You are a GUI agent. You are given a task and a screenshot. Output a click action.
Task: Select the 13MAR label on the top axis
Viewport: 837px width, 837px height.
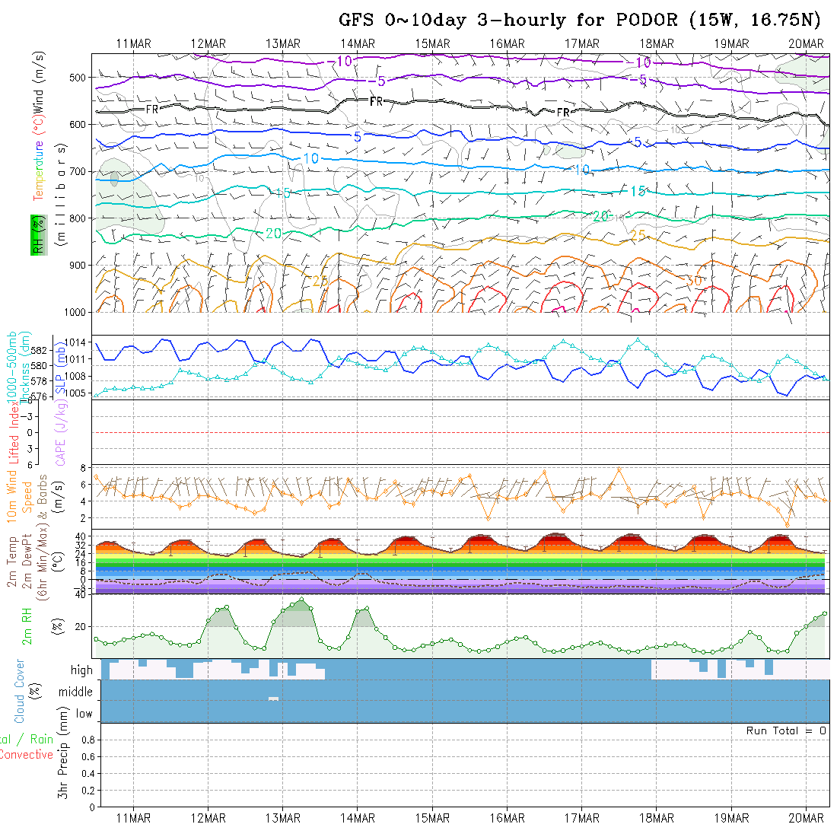283,43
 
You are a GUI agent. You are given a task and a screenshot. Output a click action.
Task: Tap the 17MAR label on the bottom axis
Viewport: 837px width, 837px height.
581,818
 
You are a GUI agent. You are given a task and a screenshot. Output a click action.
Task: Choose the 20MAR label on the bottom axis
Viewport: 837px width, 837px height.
807,818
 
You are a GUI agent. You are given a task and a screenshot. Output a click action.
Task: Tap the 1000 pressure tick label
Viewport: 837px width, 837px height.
77,312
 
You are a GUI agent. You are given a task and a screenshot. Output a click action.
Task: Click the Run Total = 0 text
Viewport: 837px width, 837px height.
786,730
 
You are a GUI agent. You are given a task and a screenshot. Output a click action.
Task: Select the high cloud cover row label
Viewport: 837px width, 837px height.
81,670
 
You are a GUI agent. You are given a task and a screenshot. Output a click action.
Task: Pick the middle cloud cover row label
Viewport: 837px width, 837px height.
76,692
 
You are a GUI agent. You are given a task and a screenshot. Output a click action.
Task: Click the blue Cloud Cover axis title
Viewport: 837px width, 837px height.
19,691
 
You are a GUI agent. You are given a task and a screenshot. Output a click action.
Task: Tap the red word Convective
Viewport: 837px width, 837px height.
27,755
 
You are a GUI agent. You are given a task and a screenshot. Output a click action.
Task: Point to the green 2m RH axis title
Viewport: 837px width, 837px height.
27,625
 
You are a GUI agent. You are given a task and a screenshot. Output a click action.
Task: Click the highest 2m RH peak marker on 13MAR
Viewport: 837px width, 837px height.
302,600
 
